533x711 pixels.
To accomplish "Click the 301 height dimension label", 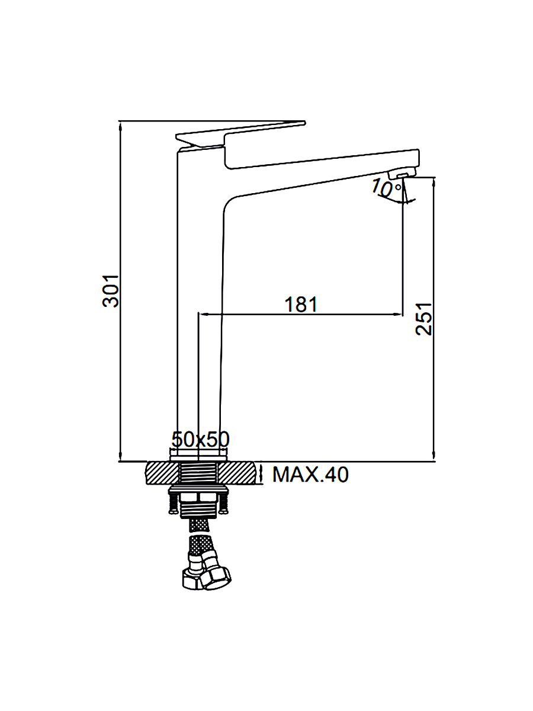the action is (x=111, y=291).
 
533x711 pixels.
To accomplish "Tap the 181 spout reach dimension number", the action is (x=301, y=305).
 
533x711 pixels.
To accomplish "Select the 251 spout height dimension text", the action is (x=424, y=319).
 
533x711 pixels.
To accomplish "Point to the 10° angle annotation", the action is (x=387, y=188).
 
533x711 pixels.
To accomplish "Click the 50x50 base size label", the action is (x=200, y=440).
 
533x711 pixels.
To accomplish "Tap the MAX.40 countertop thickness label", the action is (x=310, y=475).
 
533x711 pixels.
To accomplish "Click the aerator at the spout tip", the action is (x=402, y=174).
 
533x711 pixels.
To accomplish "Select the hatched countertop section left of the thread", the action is (x=163, y=473).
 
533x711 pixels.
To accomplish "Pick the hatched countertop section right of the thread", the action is (x=239, y=473).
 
